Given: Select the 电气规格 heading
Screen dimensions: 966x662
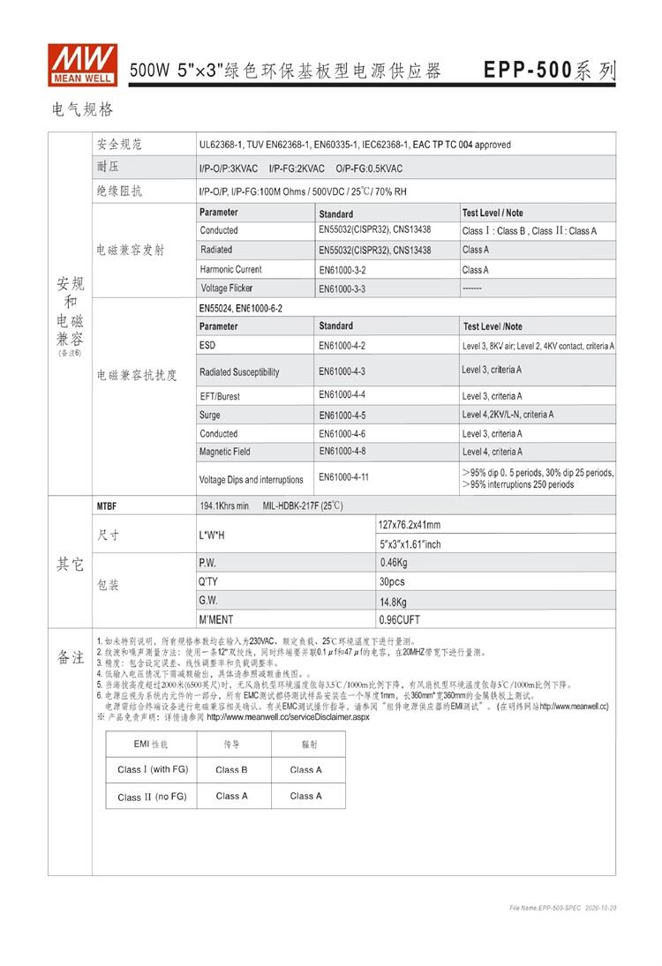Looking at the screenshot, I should click(x=83, y=110).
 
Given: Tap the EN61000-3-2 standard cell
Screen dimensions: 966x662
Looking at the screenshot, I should click(x=342, y=270).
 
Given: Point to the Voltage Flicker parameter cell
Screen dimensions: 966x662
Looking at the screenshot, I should click(x=227, y=288).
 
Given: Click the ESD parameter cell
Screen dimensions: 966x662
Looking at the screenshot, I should click(x=208, y=346).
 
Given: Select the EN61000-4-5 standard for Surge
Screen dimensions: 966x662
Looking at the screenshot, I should click(x=342, y=415).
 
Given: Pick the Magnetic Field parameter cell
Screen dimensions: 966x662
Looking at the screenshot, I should click(x=225, y=452).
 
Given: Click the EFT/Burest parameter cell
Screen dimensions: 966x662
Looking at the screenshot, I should click(x=220, y=396).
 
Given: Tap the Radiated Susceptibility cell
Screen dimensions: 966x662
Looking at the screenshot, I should click(x=239, y=371).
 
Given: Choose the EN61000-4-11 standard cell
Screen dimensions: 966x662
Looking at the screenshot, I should click(x=344, y=477).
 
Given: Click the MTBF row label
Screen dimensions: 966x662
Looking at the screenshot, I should click(x=107, y=506).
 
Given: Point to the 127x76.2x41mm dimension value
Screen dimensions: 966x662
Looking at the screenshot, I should click(x=410, y=525).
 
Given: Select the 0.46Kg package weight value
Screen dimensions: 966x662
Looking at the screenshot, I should click(x=394, y=563).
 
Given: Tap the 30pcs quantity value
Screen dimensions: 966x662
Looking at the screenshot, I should click(x=392, y=582).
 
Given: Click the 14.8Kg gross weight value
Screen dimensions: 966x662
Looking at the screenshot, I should click(x=394, y=602).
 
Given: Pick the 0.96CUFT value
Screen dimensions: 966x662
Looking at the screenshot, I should click(x=400, y=620).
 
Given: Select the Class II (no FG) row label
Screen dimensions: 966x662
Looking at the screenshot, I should click(x=152, y=797).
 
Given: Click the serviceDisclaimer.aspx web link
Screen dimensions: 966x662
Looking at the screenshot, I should click(x=289, y=717).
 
